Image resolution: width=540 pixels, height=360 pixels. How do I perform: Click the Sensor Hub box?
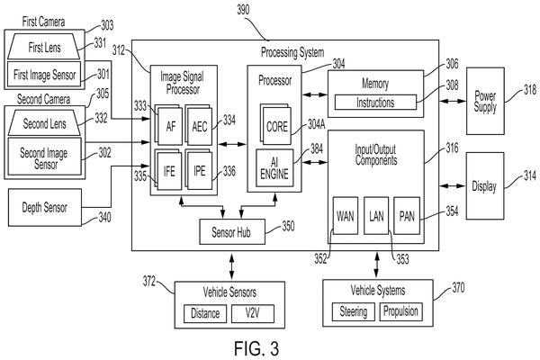[232, 232]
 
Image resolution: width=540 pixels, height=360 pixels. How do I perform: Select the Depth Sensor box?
[45, 207]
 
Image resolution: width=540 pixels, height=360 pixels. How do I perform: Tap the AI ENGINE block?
[274, 167]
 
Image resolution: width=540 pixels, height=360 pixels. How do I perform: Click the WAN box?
[345, 216]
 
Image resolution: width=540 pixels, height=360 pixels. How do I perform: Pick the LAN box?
[376, 216]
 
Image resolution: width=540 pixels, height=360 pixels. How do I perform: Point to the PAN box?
[407, 216]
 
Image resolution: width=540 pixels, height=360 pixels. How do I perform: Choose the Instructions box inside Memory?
[375, 103]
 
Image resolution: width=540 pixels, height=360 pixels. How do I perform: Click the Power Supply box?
[485, 101]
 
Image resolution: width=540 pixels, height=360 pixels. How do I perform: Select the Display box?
[485, 185]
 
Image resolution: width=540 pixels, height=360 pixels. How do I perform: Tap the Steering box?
[354, 311]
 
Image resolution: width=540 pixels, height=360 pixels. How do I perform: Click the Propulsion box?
[400, 311]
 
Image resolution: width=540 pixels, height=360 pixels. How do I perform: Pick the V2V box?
[253, 313]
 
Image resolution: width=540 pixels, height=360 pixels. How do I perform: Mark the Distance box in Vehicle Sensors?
[205, 313]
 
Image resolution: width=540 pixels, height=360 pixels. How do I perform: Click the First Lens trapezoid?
[44, 47]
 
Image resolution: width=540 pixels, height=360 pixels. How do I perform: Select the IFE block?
[169, 171]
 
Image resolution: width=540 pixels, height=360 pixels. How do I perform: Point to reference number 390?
[243, 10]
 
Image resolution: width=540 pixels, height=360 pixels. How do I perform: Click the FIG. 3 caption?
[256, 348]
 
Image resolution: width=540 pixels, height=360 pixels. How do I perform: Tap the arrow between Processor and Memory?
[314, 94]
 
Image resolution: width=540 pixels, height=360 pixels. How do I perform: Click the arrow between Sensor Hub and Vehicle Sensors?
[232, 266]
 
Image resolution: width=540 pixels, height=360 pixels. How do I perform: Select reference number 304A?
[316, 124]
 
